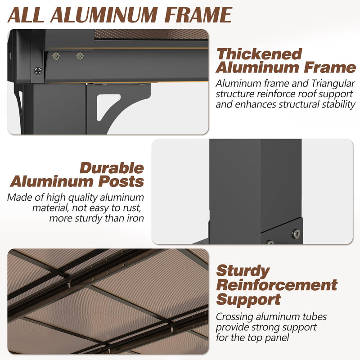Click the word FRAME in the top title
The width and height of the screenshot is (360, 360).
coord(198,15)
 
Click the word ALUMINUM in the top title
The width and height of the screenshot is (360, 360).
coord(103,15)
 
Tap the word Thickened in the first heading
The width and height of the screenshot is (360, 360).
coord(259,54)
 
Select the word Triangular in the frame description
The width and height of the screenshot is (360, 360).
coord(333,84)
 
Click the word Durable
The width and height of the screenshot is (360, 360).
coord(112,168)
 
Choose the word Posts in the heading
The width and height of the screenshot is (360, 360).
coord(121,182)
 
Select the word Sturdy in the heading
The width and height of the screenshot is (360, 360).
coord(243,271)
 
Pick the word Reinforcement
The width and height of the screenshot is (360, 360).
coord(277,285)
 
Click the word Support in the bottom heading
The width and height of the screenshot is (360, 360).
coord(249,300)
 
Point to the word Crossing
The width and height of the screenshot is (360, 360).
coord(234,317)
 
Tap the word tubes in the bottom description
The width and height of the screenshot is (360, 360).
coord(315,317)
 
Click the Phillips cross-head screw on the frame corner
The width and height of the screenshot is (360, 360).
coord(38,71)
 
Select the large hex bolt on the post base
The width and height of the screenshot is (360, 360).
coord(296,234)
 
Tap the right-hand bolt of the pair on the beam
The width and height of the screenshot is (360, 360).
coord(80,56)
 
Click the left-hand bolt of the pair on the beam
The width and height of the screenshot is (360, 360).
coord(56,56)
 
